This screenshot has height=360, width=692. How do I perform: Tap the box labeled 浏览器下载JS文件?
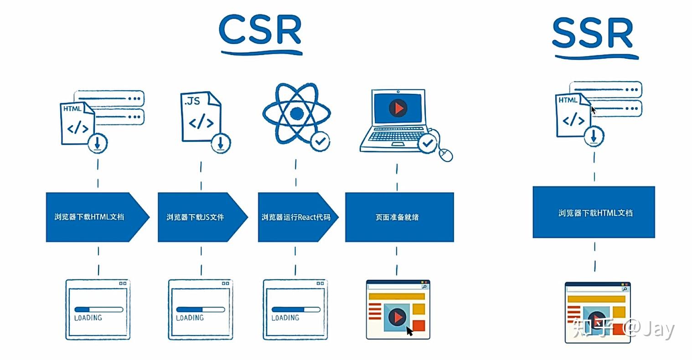(x=199, y=217)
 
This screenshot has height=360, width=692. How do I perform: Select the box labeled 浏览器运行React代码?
(x=295, y=217)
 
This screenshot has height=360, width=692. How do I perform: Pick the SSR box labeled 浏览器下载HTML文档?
(x=594, y=212)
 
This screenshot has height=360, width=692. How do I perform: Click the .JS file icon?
(x=200, y=117)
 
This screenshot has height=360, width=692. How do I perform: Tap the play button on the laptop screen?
(x=398, y=108)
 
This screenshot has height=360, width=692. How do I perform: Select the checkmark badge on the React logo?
(x=320, y=142)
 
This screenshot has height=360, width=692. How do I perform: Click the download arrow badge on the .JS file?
(x=221, y=143)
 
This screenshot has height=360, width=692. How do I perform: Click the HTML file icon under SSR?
(x=573, y=115)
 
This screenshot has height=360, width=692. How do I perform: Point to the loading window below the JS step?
(x=200, y=309)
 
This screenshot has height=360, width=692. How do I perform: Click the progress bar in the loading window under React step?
(x=295, y=309)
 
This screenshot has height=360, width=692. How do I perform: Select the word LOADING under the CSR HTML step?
(x=88, y=318)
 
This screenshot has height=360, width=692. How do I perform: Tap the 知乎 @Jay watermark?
(x=624, y=328)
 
